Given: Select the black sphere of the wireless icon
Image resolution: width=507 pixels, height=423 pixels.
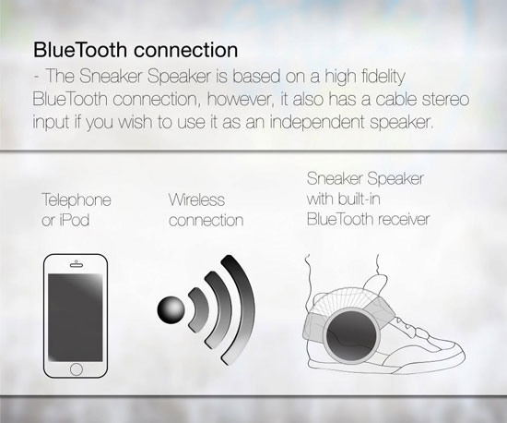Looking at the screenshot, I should click(172, 309).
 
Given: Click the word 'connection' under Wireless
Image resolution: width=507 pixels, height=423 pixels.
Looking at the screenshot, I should click(206, 221).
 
